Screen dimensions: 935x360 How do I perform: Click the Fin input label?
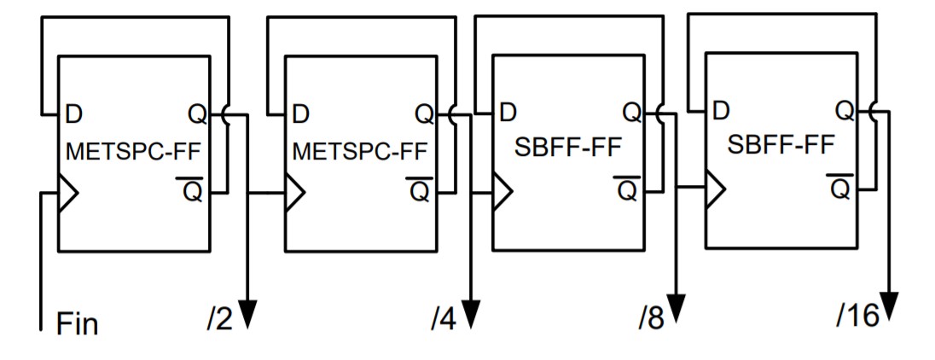(x=77, y=325)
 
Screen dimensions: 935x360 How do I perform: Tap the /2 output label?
(x=218, y=321)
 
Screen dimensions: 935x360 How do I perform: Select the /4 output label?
(x=444, y=321)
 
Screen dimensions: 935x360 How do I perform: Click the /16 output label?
(x=857, y=316)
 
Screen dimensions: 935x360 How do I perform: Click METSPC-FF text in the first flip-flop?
(x=137, y=152)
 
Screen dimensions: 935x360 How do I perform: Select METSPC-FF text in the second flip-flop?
(x=360, y=152)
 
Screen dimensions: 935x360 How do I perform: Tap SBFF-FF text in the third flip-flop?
(x=566, y=148)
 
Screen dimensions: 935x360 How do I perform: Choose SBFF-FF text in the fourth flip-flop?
(x=781, y=145)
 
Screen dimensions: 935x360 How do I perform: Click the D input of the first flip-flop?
(x=73, y=113)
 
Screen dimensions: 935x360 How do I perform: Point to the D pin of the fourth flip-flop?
(x=721, y=110)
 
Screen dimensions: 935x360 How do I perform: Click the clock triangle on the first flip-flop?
(x=67, y=193)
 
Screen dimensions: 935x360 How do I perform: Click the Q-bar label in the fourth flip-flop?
(x=839, y=188)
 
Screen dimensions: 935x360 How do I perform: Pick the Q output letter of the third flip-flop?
(x=632, y=112)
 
